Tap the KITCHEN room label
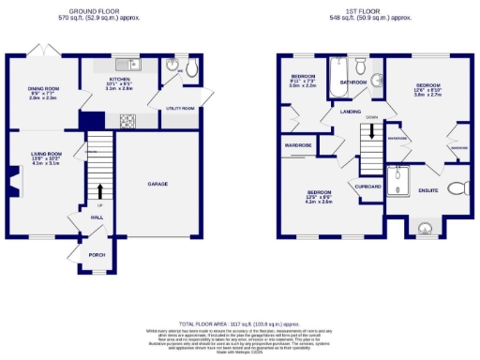pos(119,80)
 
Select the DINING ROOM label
pos(43,89)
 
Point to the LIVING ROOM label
pos(47,154)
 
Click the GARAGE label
pos(157,184)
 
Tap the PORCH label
pos(96,253)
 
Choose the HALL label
pos(97,217)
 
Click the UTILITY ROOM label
pos(179,109)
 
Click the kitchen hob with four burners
pos(127,119)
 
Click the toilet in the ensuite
pos(457,187)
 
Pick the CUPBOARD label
pos(367,187)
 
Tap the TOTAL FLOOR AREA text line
pos(239,322)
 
